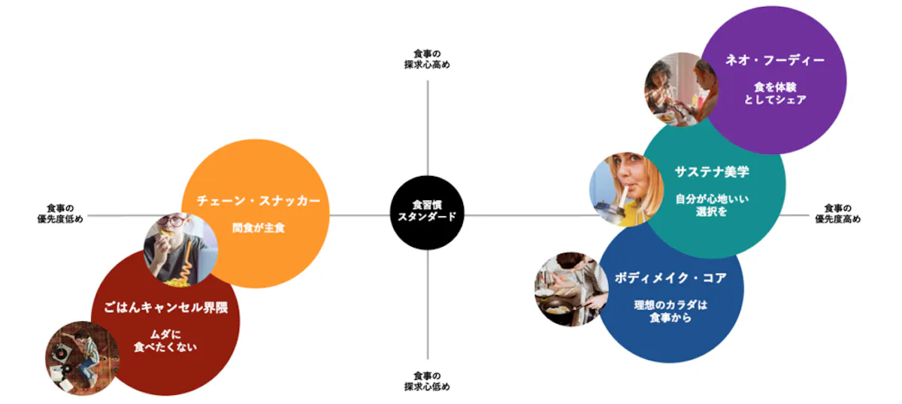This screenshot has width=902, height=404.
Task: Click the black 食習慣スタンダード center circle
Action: pos(427,213)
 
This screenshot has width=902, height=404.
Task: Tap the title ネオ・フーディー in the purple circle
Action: pos(775,60)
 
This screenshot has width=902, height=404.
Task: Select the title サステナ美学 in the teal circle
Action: pos(712,172)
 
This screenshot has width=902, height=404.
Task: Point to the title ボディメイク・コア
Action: pos(670,278)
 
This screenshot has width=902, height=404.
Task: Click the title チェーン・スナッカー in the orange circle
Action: pos(258,201)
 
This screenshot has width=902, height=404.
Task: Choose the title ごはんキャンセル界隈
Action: pos(165,308)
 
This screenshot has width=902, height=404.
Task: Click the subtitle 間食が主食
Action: pos(258,228)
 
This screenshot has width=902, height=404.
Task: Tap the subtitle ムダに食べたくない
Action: pos(165,341)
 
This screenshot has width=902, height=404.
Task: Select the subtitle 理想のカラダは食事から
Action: pos(670,311)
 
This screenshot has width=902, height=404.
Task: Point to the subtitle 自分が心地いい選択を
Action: pos(712,205)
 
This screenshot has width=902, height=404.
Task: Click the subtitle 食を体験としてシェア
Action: pos(775,93)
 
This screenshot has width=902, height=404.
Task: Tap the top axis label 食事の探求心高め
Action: pos(427,59)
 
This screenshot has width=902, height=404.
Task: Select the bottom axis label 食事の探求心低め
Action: pos(427,381)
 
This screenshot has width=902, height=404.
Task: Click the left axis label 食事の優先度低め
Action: pos(60,214)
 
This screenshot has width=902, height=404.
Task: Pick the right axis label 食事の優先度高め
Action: pos(838,214)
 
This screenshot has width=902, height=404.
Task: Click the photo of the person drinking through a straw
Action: pos(627,189)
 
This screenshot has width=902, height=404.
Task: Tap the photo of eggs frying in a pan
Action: pos(572,290)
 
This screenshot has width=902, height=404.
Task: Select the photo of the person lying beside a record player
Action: pos(83,358)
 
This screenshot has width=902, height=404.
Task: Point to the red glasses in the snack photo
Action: pos(174,221)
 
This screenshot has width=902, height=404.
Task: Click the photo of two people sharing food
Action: pos(681,90)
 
